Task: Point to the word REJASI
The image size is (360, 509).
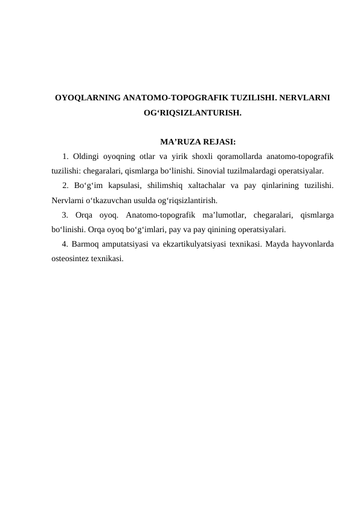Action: pos(217,143)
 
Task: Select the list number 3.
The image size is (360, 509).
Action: pos(65,215)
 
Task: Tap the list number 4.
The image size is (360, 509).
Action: pos(65,244)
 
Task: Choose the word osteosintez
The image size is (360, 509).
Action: pos(71,259)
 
